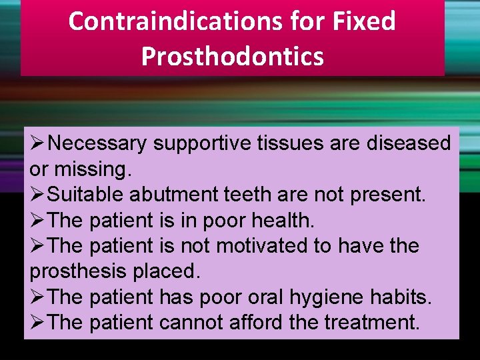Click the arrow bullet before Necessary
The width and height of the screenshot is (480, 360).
[38, 143]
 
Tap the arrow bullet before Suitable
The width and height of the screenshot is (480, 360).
[38, 195]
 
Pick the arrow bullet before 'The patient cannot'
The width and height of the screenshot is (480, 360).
[38, 323]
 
